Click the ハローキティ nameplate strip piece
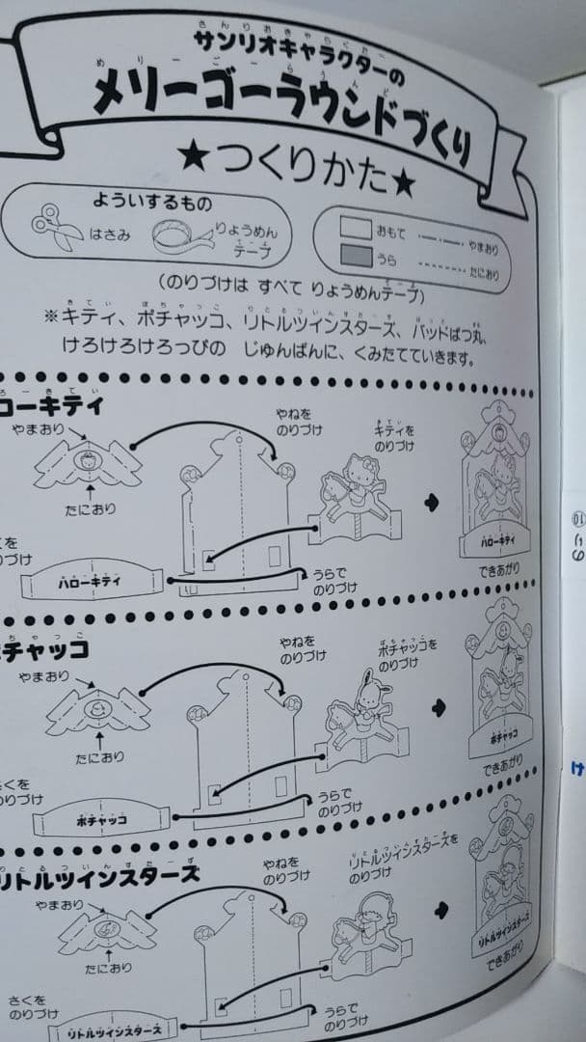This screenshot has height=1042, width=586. tap(93, 583)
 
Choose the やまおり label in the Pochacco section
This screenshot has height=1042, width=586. tap(67, 676)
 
